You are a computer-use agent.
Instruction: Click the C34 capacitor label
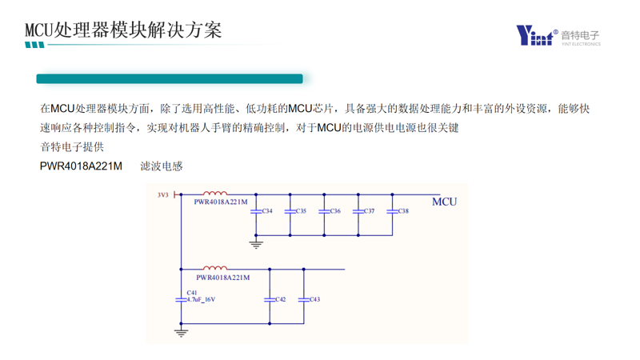[266, 211]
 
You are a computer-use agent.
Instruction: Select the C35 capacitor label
[301, 211]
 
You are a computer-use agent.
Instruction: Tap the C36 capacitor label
[334, 211]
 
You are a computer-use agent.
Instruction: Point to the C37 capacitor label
[369, 211]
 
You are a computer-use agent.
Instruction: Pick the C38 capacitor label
[403, 211]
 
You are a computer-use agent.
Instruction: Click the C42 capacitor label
[280, 299]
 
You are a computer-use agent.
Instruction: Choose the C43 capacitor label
[314, 299]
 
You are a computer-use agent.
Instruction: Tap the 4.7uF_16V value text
[201, 300]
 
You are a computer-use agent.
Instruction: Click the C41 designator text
[192, 293]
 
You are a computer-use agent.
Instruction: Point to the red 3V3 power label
[163, 194]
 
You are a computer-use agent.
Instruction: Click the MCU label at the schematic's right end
[444, 202]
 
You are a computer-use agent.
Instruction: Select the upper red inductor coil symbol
[215, 193]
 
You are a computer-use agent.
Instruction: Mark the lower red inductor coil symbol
[215, 268]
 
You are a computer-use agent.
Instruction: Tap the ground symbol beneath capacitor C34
[256, 244]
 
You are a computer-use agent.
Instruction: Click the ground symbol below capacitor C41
[182, 331]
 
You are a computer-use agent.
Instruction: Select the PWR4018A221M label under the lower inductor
[222, 278]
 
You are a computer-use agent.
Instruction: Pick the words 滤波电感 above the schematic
[162, 166]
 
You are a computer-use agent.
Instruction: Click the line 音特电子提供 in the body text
[72, 147]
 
